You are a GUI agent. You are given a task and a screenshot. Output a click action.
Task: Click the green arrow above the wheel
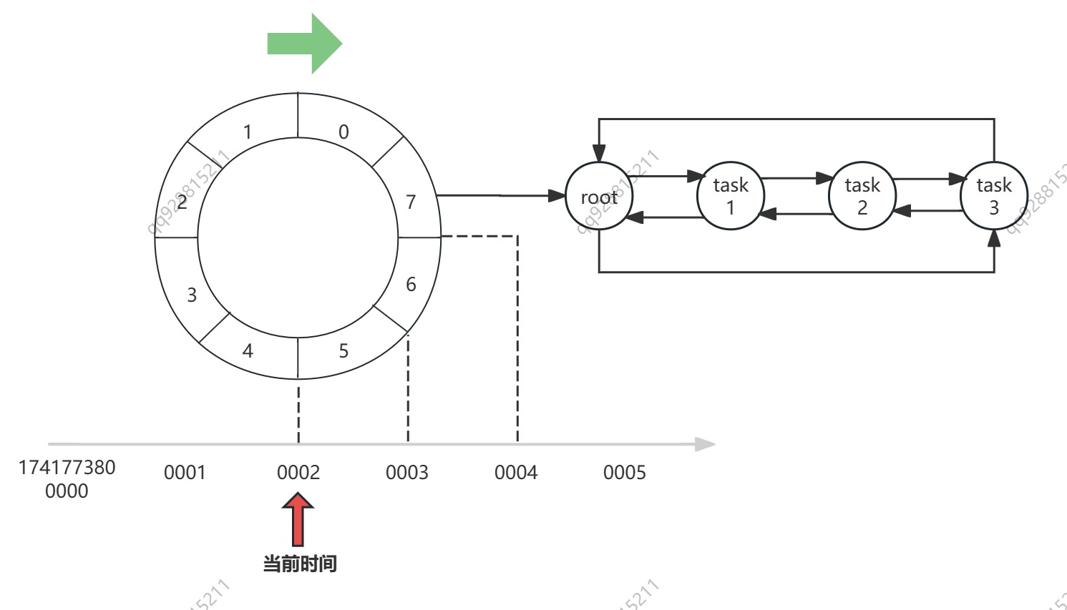304,44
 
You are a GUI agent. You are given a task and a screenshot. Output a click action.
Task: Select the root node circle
599,196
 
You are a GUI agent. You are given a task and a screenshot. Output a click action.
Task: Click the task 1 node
731,196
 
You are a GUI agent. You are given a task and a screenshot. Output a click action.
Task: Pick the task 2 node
862,196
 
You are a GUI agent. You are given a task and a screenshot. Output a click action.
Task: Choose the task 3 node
994,196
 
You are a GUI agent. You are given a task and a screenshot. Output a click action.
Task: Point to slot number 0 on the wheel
344,132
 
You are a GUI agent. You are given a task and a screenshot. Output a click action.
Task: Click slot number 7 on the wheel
411,202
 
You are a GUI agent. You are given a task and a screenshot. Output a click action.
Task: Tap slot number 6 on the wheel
411,284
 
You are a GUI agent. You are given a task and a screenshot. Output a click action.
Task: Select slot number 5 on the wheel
344,350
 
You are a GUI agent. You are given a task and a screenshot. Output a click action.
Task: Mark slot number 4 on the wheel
248,350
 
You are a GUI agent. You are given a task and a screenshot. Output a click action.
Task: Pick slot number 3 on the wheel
192,295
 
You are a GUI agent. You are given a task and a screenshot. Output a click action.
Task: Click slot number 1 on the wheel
248,132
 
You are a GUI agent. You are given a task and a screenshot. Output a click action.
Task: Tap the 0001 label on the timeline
185,472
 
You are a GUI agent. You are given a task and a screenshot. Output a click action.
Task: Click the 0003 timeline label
406,472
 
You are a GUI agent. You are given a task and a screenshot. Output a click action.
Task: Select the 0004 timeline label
515,472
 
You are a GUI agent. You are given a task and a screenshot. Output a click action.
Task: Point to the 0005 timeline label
624,472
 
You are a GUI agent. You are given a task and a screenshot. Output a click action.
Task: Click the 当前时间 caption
299,564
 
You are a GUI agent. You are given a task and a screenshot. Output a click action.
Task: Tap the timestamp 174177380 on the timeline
67,468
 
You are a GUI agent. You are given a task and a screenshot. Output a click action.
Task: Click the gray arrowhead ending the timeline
706,444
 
